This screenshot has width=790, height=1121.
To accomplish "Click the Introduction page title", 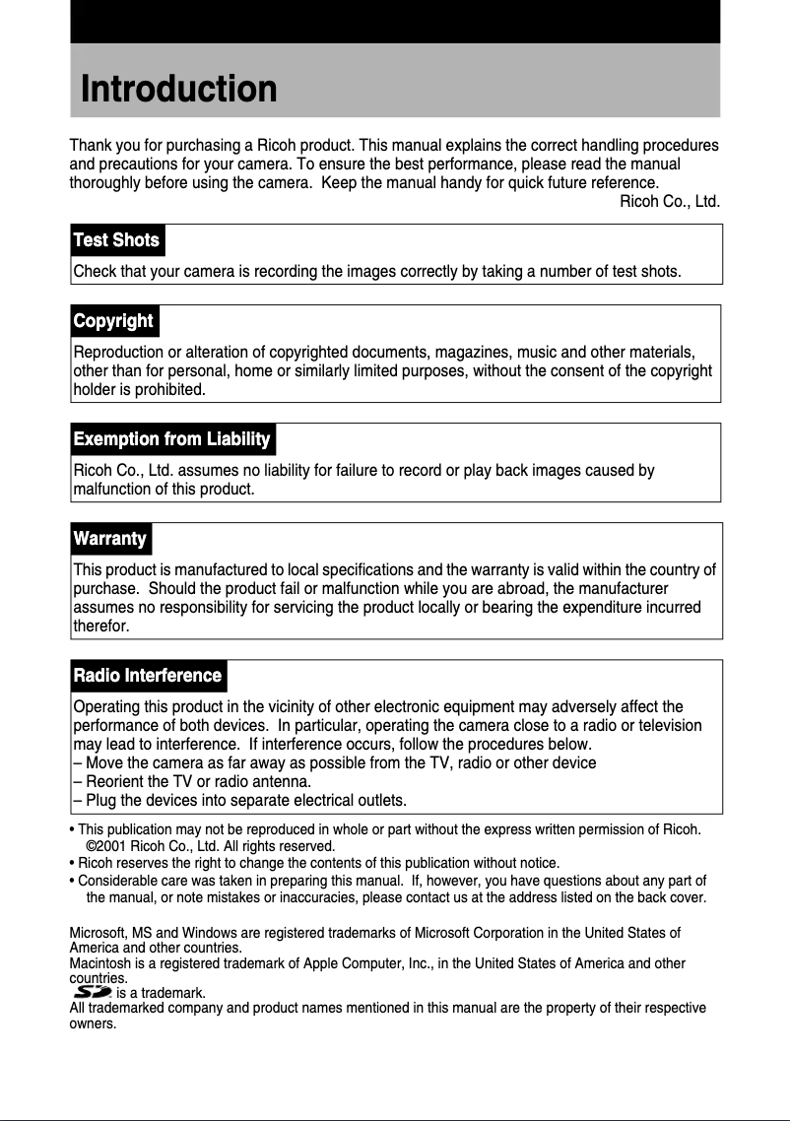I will [178, 89].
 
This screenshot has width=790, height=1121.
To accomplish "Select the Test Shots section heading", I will [116, 240].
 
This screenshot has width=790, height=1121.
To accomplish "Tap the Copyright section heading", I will [113, 321].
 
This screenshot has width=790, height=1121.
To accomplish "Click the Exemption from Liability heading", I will [171, 439].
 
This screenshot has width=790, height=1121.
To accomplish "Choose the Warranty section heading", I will [109, 539].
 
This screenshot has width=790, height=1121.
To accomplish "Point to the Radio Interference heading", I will [147, 676].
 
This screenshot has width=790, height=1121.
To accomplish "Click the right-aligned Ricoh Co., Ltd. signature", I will [669, 202].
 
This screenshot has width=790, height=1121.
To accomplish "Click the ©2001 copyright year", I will [104, 846].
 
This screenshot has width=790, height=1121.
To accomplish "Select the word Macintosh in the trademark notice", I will [101, 962].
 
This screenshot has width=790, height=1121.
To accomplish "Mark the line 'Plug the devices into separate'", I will [239, 799].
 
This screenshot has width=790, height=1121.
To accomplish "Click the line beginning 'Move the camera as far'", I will [334, 763].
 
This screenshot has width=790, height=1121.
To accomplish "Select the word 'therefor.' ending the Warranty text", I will [100, 626].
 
